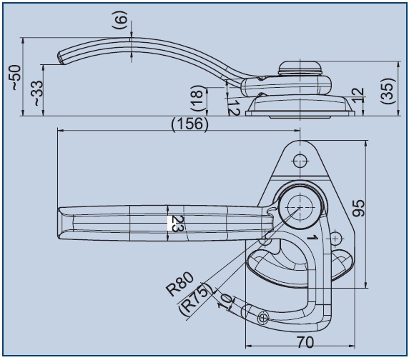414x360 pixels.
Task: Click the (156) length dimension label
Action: (189, 124)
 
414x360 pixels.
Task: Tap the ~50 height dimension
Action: (16, 78)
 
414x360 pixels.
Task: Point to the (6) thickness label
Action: (120, 20)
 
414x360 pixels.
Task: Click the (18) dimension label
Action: (198, 98)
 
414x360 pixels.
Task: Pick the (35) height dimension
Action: (388, 91)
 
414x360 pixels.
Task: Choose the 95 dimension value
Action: (359, 209)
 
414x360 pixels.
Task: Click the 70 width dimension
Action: (305, 342)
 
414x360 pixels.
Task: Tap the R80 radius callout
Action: (180, 284)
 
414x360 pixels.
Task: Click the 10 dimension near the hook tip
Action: (225, 301)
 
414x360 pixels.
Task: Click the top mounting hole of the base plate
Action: (300, 160)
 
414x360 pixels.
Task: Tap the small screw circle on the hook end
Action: (263, 318)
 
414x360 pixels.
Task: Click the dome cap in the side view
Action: (300, 68)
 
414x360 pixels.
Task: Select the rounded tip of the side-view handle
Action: (61, 57)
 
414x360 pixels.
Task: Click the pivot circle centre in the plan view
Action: (300, 207)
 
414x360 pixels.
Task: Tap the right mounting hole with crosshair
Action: (335, 239)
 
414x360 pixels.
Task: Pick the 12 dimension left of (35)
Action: (358, 95)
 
